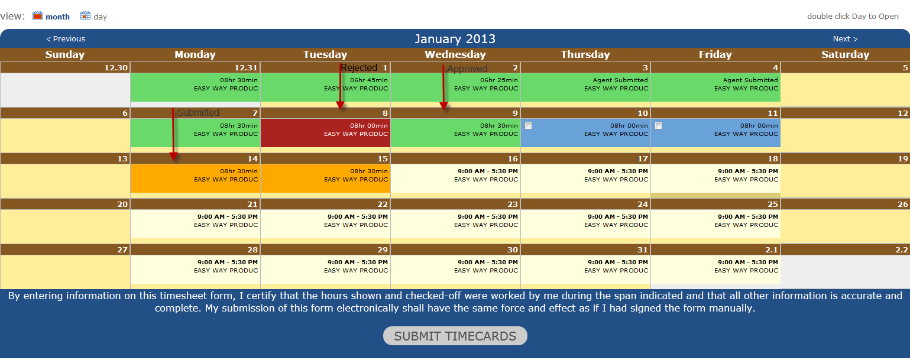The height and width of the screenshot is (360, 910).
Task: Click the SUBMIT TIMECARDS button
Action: click(x=455, y=336)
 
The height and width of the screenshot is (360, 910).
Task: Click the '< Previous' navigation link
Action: click(x=66, y=39)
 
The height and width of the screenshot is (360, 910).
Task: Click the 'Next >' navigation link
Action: click(x=845, y=39)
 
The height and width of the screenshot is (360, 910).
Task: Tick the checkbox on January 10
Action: click(x=528, y=126)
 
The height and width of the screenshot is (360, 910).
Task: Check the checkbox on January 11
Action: click(x=659, y=126)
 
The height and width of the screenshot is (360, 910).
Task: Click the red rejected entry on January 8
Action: click(x=325, y=133)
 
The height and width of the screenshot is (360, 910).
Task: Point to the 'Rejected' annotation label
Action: click(x=359, y=68)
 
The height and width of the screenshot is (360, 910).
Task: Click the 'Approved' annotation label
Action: click(x=467, y=69)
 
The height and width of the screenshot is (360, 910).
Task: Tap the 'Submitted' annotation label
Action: click(x=198, y=112)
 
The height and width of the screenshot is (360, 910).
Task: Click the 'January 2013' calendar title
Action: click(x=455, y=39)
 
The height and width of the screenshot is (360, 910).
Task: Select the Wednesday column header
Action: click(x=455, y=54)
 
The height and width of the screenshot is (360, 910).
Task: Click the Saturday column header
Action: click(x=845, y=54)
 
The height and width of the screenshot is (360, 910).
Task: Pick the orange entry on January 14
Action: click(x=195, y=179)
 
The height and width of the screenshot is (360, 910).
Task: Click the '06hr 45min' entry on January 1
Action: click(x=369, y=80)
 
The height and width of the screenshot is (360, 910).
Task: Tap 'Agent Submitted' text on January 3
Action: click(x=620, y=80)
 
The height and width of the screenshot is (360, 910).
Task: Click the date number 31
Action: click(x=642, y=249)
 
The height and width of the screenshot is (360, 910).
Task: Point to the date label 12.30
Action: click(x=116, y=67)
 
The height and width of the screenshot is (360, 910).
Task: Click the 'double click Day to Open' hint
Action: click(x=853, y=16)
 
